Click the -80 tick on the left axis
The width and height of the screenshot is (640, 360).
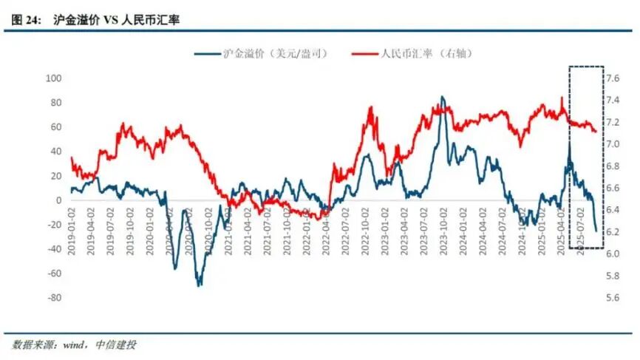[53, 298]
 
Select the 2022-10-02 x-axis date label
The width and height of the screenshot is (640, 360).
[367, 231]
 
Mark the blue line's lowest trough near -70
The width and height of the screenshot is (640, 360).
[199, 285]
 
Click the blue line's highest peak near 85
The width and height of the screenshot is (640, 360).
[442, 97]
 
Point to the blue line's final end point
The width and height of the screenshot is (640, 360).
[596, 231]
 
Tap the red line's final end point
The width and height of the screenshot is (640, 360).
[596, 132]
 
